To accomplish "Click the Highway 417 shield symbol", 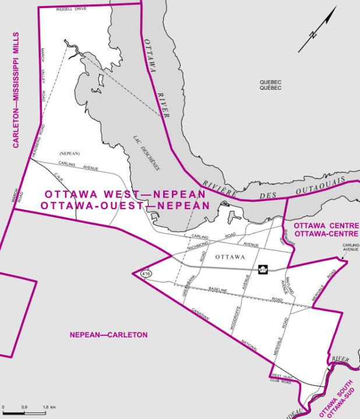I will tap(263, 269).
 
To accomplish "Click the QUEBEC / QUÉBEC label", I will tap(271, 84).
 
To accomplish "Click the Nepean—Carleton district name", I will tap(108, 335).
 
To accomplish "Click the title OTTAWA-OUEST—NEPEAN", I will tap(125, 205).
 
